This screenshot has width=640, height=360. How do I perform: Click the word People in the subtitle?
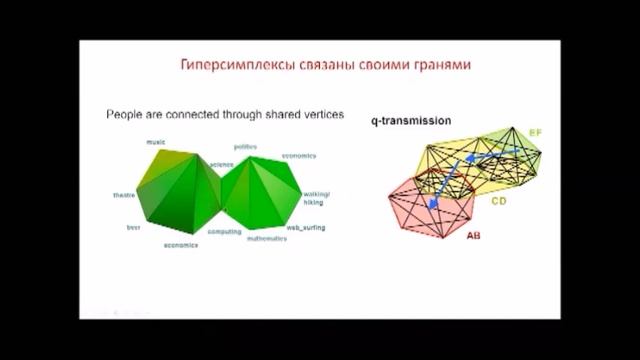(125, 115)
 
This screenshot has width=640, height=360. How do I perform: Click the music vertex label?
(156, 142)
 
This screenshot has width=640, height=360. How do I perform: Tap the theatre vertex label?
(124, 194)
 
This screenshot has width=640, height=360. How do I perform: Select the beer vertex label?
(132, 227)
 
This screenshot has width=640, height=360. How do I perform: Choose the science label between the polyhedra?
(221, 163)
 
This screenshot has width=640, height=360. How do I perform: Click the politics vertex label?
(246, 147)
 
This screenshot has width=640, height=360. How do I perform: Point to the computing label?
(224, 231)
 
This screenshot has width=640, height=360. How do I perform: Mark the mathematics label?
(268, 239)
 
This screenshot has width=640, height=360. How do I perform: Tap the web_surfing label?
(306, 227)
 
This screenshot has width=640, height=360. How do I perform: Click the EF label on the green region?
(535, 132)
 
